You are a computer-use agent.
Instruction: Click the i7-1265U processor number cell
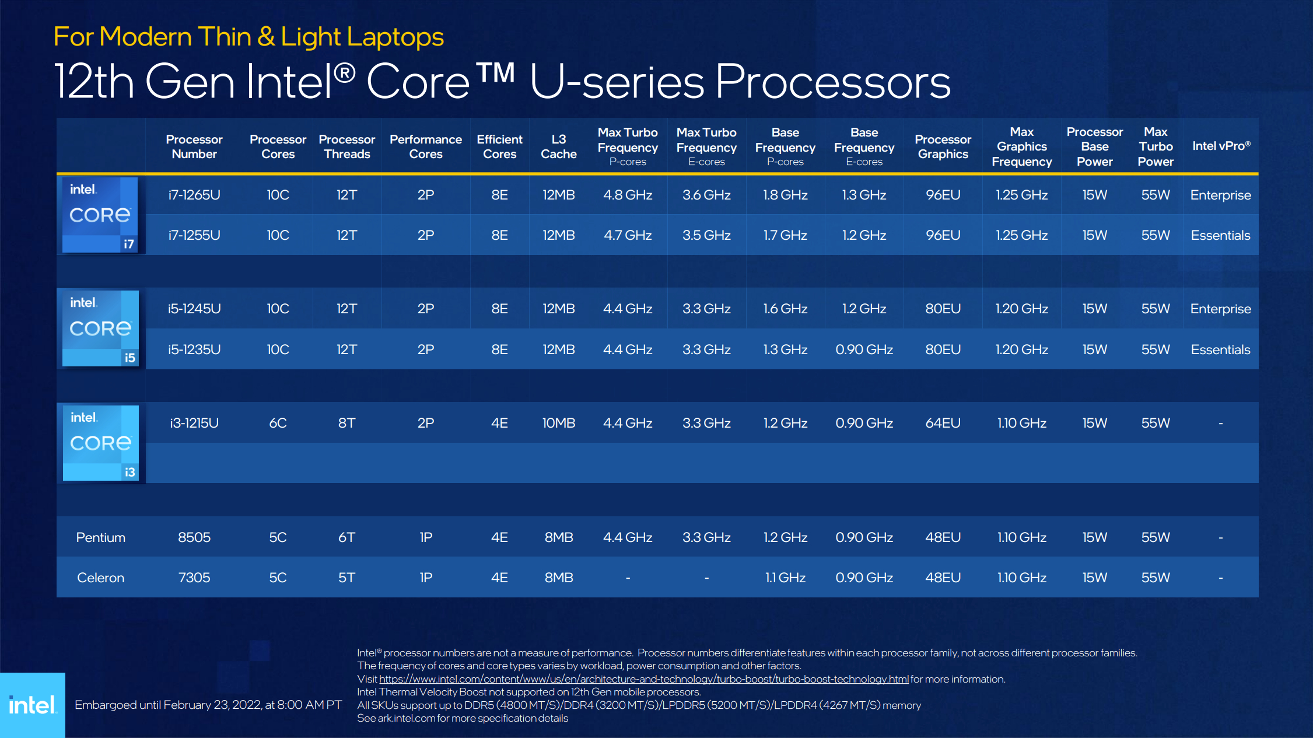point(194,195)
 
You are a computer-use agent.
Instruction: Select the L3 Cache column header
point(558,146)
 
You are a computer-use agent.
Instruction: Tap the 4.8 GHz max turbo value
point(628,195)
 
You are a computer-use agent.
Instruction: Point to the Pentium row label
point(100,537)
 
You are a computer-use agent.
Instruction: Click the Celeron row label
point(100,578)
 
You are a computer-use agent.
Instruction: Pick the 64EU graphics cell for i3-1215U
point(943,423)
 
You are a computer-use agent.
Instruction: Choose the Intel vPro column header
point(1221,146)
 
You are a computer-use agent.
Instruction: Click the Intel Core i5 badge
point(100,328)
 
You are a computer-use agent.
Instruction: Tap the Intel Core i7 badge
point(100,215)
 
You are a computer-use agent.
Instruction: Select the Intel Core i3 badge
point(100,443)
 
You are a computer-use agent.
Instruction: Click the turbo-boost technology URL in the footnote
point(643,679)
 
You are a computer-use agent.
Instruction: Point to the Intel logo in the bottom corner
point(33,705)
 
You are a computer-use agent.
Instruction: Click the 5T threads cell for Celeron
point(346,578)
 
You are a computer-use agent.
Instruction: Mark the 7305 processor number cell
point(194,578)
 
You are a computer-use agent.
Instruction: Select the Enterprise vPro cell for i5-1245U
point(1220,309)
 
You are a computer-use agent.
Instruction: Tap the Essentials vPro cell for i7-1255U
point(1220,235)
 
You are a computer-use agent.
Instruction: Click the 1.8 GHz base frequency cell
point(785,195)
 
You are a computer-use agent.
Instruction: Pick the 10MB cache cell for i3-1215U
point(558,423)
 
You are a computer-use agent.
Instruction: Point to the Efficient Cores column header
point(499,146)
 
